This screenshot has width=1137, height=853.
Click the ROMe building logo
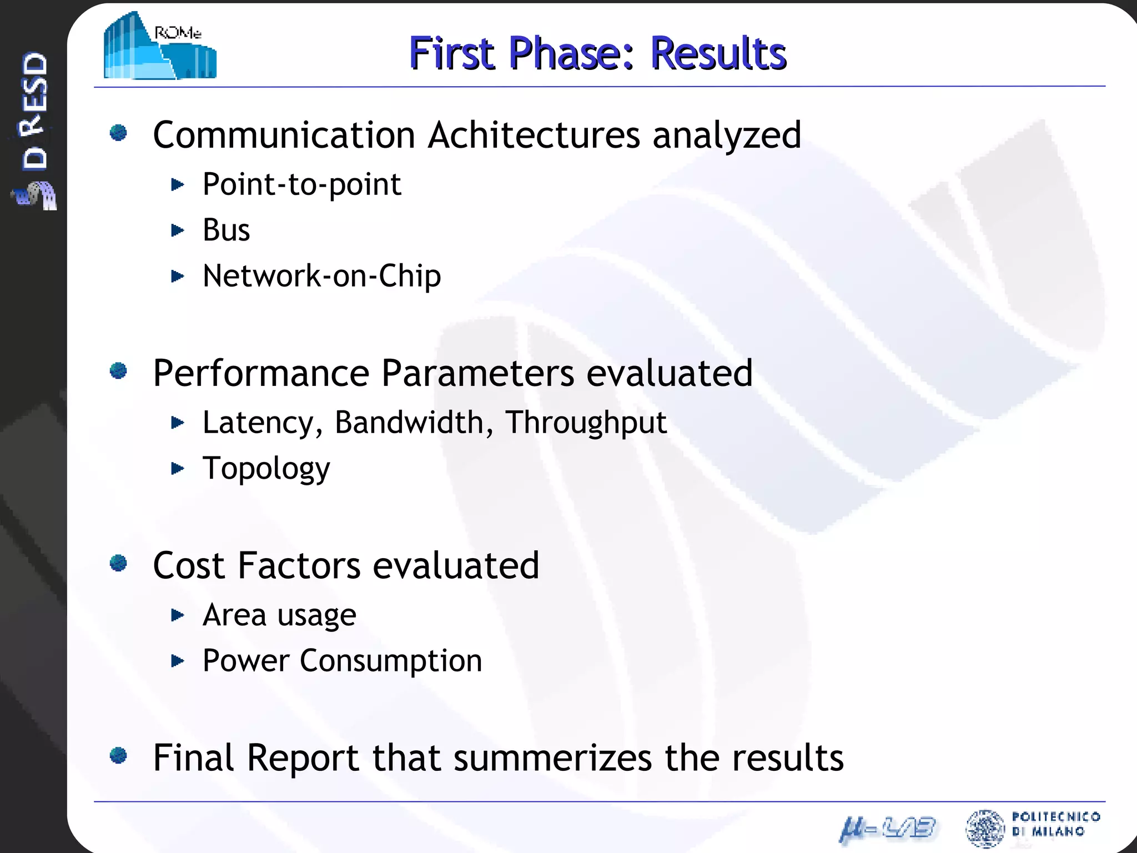click(x=160, y=46)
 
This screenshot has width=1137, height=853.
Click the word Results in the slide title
click(x=718, y=53)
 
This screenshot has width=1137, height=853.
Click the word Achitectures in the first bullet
click(x=534, y=135)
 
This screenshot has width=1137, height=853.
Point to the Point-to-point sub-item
click(x=301, y=184)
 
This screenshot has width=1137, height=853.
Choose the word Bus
click(x=226, y=230)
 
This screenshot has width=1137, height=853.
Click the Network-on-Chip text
click(x=321, y=276)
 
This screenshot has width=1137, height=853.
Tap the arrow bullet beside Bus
click(x=177, y=230)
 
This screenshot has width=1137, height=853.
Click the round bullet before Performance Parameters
click(x=118, y=370)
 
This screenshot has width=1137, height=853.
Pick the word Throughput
click(x=586, y=423)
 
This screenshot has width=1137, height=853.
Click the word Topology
click(x=266, y=469)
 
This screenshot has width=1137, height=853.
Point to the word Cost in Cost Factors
click(x=189, y=565)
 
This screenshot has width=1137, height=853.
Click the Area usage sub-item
click(x=279, y=615)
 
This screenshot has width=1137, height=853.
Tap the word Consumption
click(x=391, y=661)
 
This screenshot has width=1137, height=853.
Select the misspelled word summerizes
click(x=552, y=757)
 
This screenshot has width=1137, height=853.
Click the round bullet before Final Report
click(x=118, y=755)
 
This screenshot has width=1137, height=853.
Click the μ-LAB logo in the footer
click(x=887, y=829)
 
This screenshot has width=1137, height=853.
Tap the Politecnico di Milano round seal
click(x=985, y=829)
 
